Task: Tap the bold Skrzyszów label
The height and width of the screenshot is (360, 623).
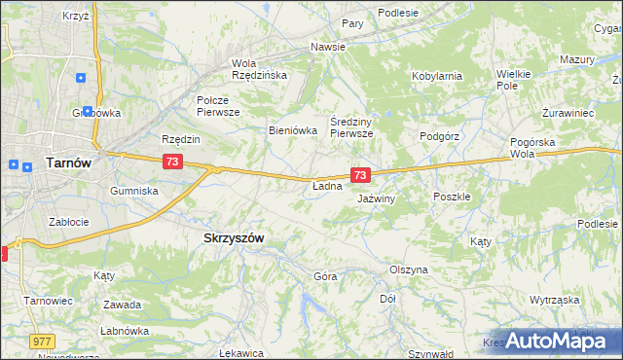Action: pyautogui.click(x=233, y=237)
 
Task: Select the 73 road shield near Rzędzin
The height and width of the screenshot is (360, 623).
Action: pyautogui.click(x=171, y=162)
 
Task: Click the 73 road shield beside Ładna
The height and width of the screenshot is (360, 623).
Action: pyautogui.click(x=360, y=175)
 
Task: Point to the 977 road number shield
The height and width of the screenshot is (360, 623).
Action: pyautogui.click(x=42, y=342)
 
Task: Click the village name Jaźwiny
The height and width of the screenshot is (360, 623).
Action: pyautogui.click(x=375, y=198)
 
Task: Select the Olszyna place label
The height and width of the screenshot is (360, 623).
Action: pyautogui.click(x=408, y=270)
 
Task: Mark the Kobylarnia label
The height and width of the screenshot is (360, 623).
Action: pyautogui.click(x=436, y=75)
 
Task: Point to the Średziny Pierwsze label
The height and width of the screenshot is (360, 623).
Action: pyautogui.click(x=351, y=127)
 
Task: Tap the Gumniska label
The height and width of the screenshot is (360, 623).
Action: pyautogui.click(x=134, y=191)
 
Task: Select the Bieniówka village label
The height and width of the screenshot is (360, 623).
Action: pyautogui.click(x=293, y=129)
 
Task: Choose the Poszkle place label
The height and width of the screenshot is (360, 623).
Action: pyautogui.click(x=452, y=196)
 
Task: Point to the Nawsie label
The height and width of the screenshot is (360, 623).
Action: pyautogui.click(x=328, y=47)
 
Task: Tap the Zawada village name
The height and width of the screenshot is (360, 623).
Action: pyautogui.click(x=124, y=305)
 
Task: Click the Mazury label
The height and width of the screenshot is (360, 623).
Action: pyautogui.click(x=576, y=59)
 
